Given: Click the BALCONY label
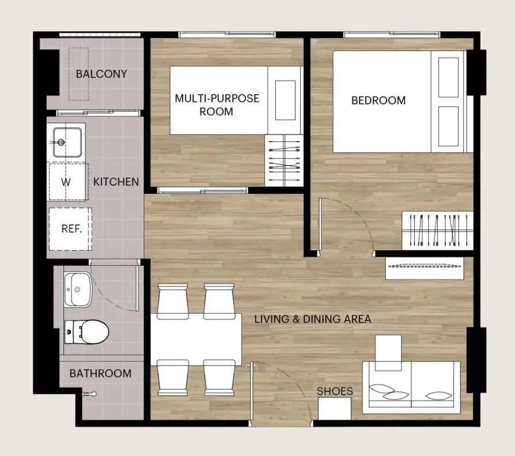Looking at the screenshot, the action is click(x=101, y=74).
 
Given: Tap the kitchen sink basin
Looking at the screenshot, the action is click(x=67, y=142).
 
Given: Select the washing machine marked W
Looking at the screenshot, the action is click(x=68, y=182).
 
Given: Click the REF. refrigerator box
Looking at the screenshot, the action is click(x=70, y=229).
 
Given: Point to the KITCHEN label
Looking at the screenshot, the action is click(x=116, y=182).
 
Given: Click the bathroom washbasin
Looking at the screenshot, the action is click(x=78, y=289).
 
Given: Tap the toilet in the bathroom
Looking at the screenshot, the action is click(x=86, y=332).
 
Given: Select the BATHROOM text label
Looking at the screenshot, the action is click(x=100, y=374).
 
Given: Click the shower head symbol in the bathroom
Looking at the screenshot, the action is click(x=89, y=394).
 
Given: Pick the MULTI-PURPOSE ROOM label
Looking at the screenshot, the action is click(x=217, y=105).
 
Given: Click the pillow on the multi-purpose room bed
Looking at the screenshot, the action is click(x=285, y=100).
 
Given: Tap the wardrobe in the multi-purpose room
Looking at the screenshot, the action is click(x=284, y=160).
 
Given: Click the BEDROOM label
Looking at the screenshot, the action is click(x=378, y=100).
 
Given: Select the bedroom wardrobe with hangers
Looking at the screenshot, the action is click(x=437, y=231).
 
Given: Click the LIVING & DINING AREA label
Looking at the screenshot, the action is click(x=313, y=319).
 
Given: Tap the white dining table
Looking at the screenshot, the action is click(x=196, y=340).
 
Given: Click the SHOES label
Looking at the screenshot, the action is click(x=335, y=391).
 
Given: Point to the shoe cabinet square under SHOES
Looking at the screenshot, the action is click(x=335, y=409).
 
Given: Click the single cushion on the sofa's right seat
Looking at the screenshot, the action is click(x=438, y=395).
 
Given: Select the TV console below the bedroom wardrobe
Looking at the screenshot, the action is click(x=425, y=268).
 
